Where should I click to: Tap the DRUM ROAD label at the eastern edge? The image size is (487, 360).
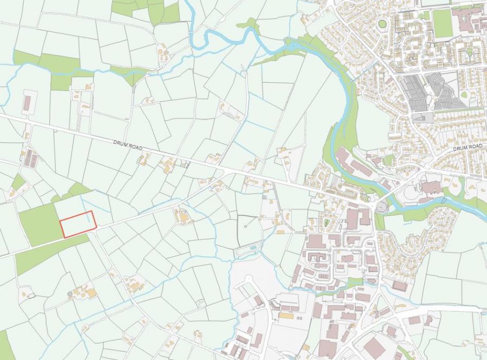click(x=467, y=147)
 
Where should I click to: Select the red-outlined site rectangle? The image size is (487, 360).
click(x=77, y=224)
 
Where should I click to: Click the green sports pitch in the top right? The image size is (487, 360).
click(x=443, y=24)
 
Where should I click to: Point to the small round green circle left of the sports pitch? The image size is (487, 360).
click(x=383, y=23)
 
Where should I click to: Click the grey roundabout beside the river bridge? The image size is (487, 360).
click(x=381, y=207)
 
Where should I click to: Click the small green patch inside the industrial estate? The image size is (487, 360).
click(x=354, y=282)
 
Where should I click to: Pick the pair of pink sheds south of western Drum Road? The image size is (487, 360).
click(x=31, y=159)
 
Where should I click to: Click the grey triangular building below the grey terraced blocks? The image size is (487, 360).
click(x=422, y=117)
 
